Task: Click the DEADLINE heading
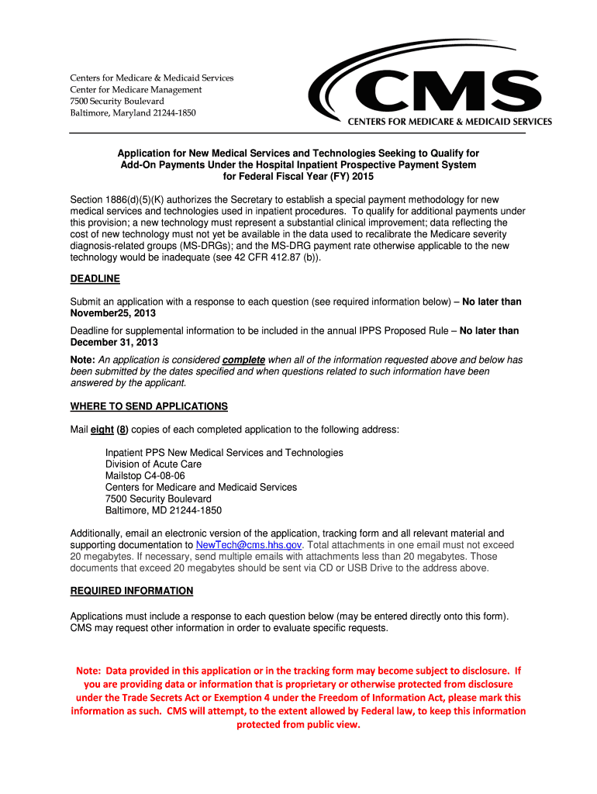(x=95, y=278)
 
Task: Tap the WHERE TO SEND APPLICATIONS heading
(x=149, y=406)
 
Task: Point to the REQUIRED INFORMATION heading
(x=132, y=591)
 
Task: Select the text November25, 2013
(x=113, y=313)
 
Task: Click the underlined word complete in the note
(x=243, y=360)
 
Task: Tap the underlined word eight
(x=102, y=430)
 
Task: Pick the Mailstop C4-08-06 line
(x=145, y=475)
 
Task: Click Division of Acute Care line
(x=154, y=464)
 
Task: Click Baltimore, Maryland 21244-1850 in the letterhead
(x=133, y=112)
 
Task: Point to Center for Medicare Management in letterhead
(x=136, y=89)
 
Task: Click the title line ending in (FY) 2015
(x=298, y=176)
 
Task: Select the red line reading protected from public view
(x=298, y=725)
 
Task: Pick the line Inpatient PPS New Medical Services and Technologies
(x=224, y=452)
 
